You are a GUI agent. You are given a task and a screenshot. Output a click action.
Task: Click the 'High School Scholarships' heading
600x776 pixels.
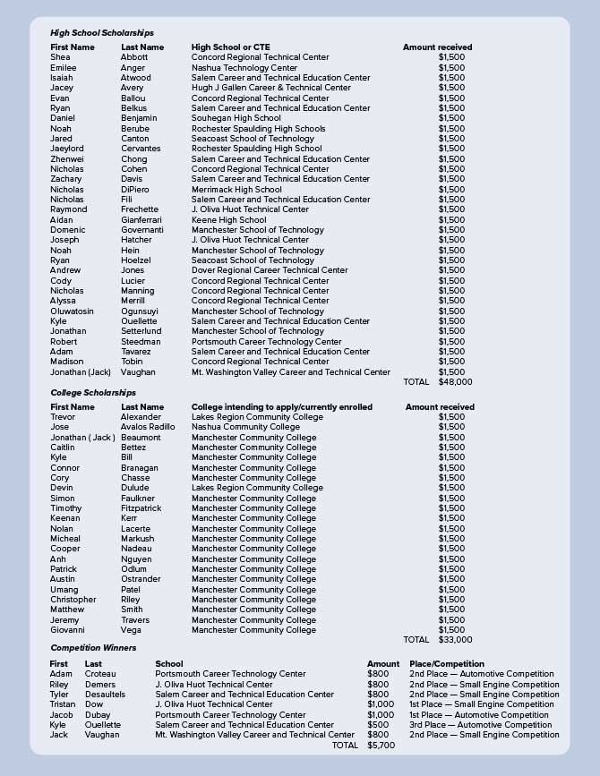102,33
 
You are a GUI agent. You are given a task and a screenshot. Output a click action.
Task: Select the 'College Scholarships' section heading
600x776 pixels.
93,393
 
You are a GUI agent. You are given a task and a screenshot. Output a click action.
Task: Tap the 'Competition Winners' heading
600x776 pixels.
93,648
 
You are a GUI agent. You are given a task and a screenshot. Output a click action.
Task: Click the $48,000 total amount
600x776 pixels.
455,382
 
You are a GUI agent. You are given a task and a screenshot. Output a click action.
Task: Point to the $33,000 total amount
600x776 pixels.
455,640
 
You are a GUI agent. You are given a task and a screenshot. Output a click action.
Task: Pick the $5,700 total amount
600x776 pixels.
381,745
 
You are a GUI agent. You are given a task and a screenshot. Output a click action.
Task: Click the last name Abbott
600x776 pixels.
134,57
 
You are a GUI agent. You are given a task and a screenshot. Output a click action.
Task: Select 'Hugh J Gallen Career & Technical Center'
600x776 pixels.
271,88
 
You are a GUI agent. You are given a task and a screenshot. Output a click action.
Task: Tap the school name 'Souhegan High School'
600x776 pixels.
236,118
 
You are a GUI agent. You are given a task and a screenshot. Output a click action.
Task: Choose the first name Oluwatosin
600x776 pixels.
72,311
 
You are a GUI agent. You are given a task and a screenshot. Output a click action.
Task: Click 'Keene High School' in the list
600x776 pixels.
229,220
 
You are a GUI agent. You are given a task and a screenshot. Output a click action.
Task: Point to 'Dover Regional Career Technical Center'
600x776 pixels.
270,270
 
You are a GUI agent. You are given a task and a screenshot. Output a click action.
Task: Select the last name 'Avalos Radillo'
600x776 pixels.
148,427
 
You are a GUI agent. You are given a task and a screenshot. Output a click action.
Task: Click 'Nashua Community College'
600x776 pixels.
245,427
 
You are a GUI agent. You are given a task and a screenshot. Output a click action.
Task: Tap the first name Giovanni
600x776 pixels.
67,630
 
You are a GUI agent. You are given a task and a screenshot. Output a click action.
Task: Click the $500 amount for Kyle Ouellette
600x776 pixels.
378,725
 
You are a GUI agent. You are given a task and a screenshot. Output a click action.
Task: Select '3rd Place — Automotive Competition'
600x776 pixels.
479,725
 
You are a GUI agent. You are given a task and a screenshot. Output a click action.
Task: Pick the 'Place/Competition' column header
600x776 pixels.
447,664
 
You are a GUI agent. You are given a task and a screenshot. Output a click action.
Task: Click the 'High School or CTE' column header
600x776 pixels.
230,47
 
